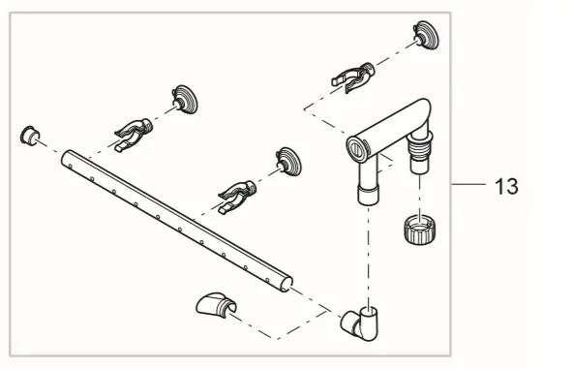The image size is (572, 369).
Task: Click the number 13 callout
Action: pos(506,186)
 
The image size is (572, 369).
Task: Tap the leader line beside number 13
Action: pos(468,184)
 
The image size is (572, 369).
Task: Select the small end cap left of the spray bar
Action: pos(30,136)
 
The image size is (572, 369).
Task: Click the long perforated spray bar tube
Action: pos(176,221)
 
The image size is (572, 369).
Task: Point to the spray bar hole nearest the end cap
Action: pos(70,167)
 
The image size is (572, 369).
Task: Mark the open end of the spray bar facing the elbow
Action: pos(287,284)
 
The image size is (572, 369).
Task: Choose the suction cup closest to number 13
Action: pos(426,35)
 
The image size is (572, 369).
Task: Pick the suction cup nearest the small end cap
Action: pos(184,100)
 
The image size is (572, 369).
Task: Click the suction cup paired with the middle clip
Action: pos(288,162)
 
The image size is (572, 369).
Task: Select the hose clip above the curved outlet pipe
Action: pos(352,77)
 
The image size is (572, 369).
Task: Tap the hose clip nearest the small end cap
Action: pos(134,135)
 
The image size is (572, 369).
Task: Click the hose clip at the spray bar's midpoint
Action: pos(237,198)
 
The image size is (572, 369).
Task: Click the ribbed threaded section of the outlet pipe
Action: pos(419,148)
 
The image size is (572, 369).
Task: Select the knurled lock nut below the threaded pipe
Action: pos(420,230)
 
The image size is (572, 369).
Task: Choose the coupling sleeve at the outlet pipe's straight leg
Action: pos(369,195)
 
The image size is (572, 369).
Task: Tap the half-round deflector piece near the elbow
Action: pos(216,305)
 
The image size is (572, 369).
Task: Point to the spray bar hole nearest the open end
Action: pos(267,281)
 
